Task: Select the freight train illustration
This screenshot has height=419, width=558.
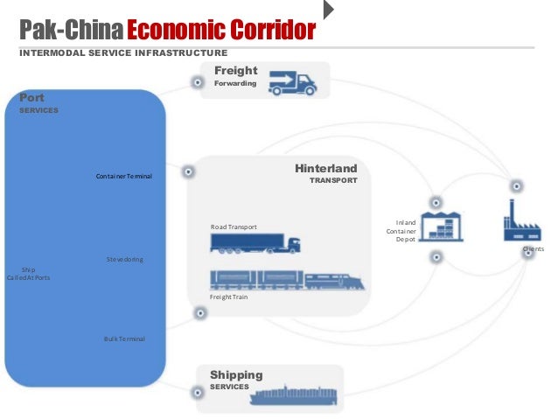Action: (x=287, y=281)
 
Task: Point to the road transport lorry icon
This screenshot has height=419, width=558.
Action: (x=258, y=244)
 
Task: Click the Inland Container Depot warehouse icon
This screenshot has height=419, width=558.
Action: (x=443, y=226)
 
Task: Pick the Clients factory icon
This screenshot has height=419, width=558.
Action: (x=521, y=222)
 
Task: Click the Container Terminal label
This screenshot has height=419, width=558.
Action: (x=124, y=177)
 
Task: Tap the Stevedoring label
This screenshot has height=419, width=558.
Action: (x=124, y=260)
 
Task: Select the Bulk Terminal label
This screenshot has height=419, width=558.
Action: (x=124, y=339)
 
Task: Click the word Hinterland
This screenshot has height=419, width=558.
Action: (x=325, y=168)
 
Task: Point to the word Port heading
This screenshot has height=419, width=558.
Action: (x=32, y=99)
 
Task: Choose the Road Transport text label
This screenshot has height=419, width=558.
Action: (x=234, y=227)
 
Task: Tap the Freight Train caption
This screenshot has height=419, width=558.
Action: (x=229, y=297)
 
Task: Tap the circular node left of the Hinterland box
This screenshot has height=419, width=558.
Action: (x=187, y=171)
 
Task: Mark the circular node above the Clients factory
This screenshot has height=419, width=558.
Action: (x=517, y=185)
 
